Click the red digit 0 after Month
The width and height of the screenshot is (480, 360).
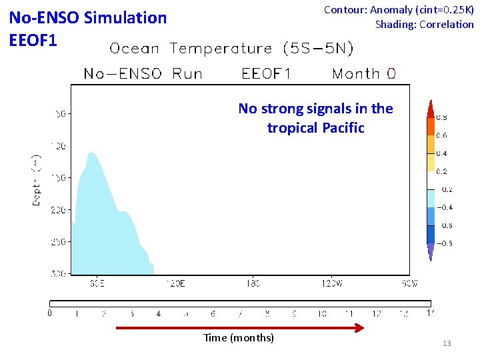391,73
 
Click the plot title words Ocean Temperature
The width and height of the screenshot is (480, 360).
191,49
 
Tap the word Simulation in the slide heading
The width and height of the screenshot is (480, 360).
126,18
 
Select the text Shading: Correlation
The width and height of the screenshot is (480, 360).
424,25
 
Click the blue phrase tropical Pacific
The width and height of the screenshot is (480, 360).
315,127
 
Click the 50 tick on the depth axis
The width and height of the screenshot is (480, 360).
60,114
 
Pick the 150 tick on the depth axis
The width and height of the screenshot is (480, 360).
58,178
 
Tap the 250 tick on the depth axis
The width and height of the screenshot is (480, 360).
58,242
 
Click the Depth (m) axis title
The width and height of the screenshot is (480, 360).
37,180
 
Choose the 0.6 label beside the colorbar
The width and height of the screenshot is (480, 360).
441,136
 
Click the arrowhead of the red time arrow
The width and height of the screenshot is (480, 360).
360,327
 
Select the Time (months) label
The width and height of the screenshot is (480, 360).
239,338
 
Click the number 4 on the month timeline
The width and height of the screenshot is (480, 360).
158,313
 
